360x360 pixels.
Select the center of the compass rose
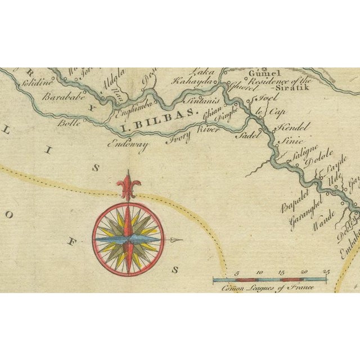[129, 238]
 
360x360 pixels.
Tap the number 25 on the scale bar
[325, 272]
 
